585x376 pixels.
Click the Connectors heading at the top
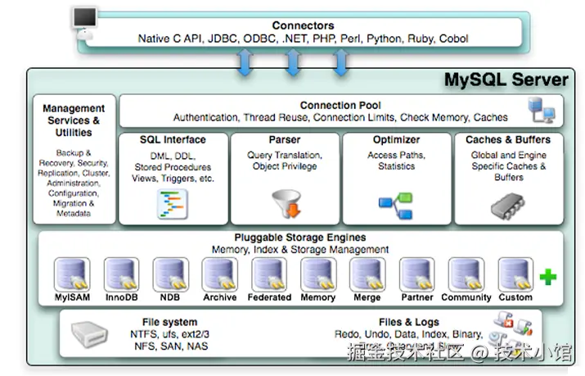[x=303, y=25]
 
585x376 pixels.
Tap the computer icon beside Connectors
[x=84, y=21]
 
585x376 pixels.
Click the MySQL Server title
[x=505, y=80]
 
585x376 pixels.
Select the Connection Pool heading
[x=340, y=106]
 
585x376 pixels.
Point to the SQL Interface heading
[x=173, y=140]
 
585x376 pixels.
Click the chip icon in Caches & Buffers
[x=507, y=204]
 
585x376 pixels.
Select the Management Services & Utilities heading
[x=74, y=120]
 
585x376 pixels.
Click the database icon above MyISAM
[x=71, y=274]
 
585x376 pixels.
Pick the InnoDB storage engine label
[x=121, y=298]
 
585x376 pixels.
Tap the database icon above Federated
[x=268, y=274]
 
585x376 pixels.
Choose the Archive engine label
[x=219, y=298]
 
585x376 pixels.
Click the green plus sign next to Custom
[x=547, y=278]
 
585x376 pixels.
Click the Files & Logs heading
[x=408, y=322]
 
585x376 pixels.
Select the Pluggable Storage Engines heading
[x=299, y=238]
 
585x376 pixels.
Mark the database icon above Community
[x=466, y=274]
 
